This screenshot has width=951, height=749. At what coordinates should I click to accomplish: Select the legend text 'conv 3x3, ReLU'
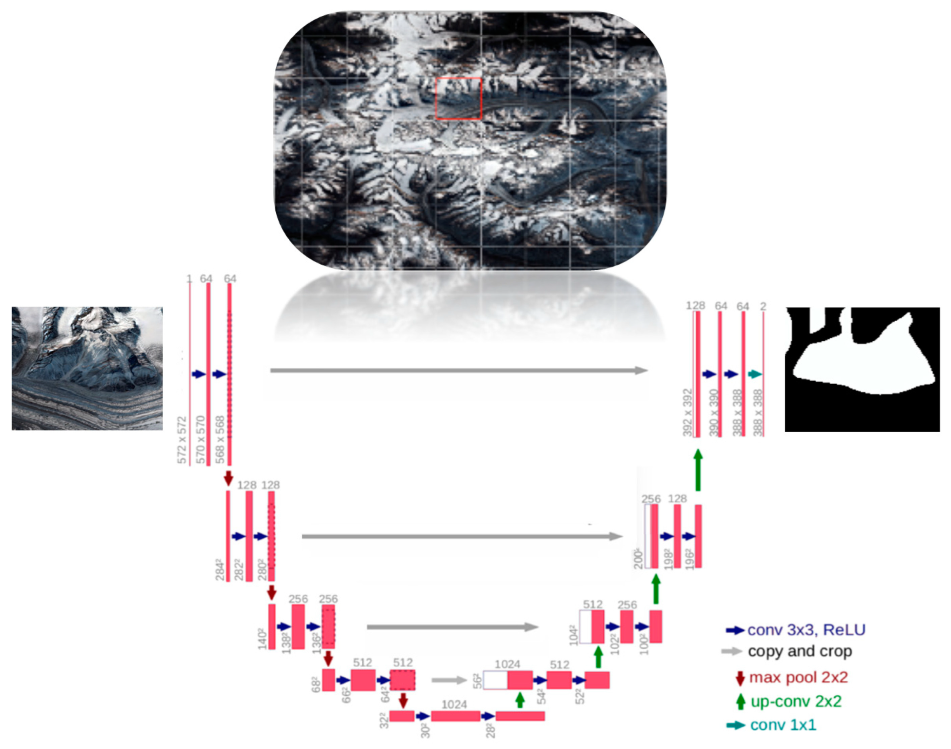click(806, 630)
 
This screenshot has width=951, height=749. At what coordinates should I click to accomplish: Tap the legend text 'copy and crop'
click(799, 651)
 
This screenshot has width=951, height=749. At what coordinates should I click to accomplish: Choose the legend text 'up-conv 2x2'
click(796, 701)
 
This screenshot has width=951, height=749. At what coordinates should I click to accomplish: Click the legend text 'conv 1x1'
click(783, 725)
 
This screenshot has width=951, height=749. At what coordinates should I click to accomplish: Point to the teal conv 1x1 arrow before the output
click(755, 374)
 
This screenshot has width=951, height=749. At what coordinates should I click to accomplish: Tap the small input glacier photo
click(87, 368)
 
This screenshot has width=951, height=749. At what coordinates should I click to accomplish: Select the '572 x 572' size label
click(182, 440)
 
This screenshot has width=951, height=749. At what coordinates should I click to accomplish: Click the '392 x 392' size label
click(688, 413)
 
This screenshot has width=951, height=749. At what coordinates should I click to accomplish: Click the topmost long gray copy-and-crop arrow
click(458, 370)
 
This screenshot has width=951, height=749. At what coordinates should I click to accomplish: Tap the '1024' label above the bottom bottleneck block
click(454, 705)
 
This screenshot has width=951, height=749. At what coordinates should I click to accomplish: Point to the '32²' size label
click(384, 721)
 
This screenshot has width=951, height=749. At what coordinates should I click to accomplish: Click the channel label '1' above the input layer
click(189, 278)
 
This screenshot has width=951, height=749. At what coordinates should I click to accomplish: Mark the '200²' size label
click(638, 559)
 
